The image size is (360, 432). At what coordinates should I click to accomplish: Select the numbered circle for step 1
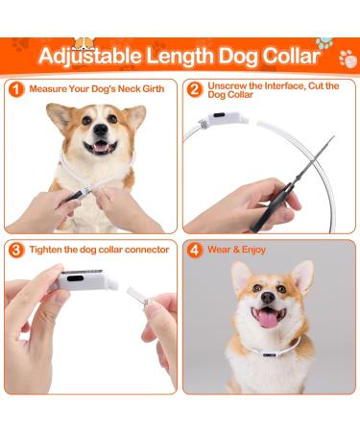[16, 89]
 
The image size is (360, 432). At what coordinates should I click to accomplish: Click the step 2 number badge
[195, 89]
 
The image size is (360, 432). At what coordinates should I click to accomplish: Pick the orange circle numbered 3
[16, 250]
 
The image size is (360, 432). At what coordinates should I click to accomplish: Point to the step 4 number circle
[195, 250]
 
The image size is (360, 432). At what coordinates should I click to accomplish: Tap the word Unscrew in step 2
[228, 84]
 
